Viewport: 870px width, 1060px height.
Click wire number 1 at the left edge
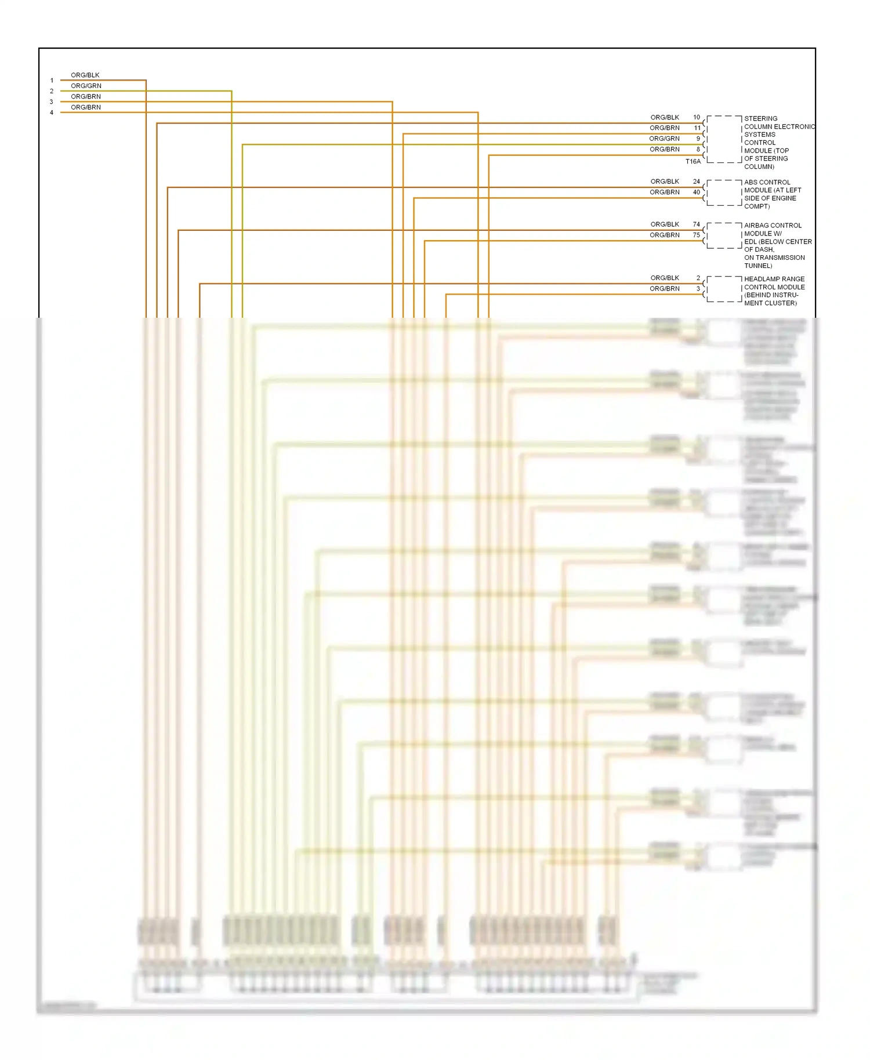pyautogui.click(x=52, y=81)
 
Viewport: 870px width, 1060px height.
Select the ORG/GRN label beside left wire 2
pyautogui.click(x=86, y=86)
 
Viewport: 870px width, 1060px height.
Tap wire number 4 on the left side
pyautogui.click(x=52, y=112)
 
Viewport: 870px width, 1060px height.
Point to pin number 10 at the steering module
pyautogui.click(x=697, y=117)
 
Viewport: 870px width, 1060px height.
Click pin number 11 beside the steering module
pyautogui.click(x=697, y=128)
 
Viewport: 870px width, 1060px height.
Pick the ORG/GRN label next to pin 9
pyautogui.click(x=664, y=139)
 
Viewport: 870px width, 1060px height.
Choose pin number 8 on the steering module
pyautogui.click(x=698, y=150)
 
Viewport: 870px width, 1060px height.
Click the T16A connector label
pyautogui.click(x=693, y=162)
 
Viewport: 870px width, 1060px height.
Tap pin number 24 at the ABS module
pyautogui.click(x=697, y=181)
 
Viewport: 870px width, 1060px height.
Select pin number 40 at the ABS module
pyautogui.click(x=697, y=192)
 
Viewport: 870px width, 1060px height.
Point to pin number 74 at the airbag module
pyautogui.click(x=697, y=224)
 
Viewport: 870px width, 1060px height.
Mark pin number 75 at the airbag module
pyautogui.click(x=697, y=235)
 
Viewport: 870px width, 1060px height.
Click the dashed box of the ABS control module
pyautogui.click(x=724, y=193)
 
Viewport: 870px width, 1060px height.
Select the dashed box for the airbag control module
pyautogui.click(x=724, y=235)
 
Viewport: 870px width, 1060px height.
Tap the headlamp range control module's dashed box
pyautogui.click(x=724, y=289)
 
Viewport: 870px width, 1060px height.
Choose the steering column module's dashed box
pyautogui.click(x=724, y=139)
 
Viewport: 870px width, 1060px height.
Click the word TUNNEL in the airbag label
pyautogui.click(x=757, y=266)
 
